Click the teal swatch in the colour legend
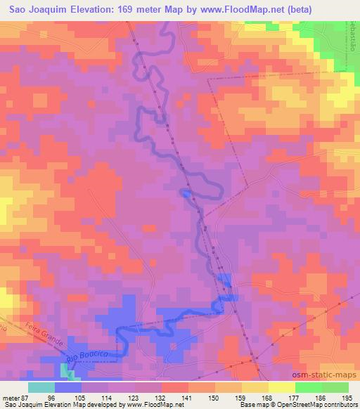click(41, 388)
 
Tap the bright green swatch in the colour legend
click(308, 388)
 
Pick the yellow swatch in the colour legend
click(281, 388)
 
